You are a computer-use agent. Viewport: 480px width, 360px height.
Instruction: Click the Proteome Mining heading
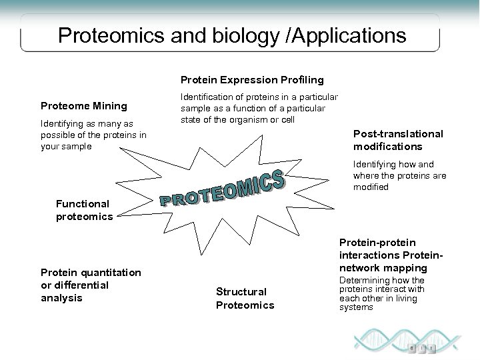[84, 105]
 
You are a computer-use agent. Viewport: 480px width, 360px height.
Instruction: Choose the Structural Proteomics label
[245, 299]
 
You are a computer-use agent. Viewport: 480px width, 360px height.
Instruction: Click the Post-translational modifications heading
[397, 140]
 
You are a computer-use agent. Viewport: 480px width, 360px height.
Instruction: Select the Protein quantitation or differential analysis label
[91, 285]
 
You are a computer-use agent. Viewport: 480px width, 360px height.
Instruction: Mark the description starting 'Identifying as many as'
[93, 135]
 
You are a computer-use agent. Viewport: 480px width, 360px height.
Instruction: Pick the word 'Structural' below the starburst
[241, 292]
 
